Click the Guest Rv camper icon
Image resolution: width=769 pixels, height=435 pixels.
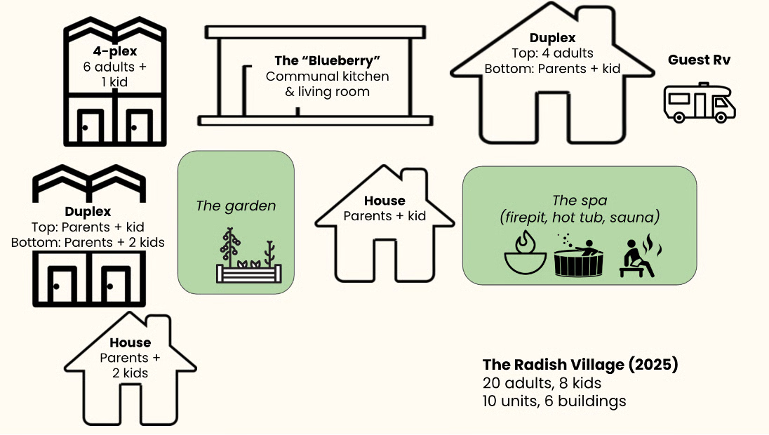click(x=699, y=102)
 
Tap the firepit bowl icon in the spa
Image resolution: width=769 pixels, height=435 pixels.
click(x=524, y=257)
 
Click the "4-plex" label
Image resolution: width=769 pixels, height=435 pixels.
click(x=114, y=51)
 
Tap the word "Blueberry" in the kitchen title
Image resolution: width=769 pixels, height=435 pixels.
click(x=330, y=61)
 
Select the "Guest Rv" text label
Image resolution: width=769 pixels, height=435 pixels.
click(x=699, y=60)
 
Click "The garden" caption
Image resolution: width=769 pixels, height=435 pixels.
click(x=236, y=206)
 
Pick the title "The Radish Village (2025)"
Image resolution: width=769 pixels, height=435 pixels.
click(x=580, y=365)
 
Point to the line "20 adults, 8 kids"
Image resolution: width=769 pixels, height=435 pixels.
click(x=542, y=383)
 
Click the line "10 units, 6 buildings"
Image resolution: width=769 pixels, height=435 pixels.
click(x=554, y=401)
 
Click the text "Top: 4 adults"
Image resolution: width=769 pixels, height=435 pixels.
click(x=553, y=53)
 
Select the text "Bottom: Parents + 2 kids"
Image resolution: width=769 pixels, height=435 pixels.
click(x=88, y=243)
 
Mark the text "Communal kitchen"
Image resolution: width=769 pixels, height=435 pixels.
click(x=327, y=76)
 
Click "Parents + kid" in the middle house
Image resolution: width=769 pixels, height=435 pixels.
click(x=384, y=215)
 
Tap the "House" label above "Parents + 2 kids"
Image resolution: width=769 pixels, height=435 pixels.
click(x=130, y=342)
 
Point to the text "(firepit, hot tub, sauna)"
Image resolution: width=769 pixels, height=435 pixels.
click(x=580, y=217)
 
